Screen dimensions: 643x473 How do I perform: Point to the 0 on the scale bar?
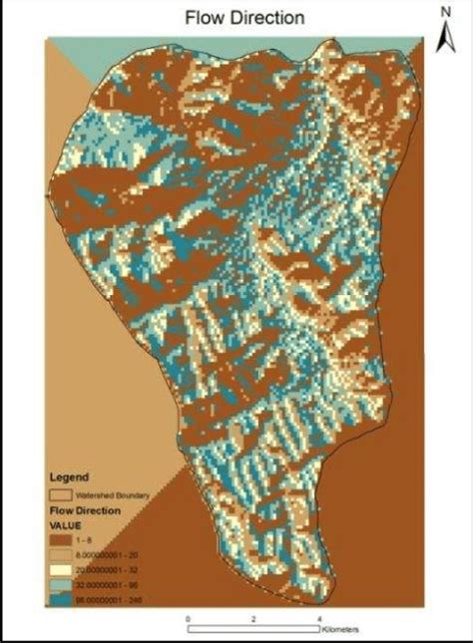click(x=189, y=619)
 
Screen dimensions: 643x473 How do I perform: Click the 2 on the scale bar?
click(x=254, y=619)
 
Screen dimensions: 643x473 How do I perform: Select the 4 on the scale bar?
click(x=319, y=619)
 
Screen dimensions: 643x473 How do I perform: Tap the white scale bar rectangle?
click(x=253, y=629)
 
